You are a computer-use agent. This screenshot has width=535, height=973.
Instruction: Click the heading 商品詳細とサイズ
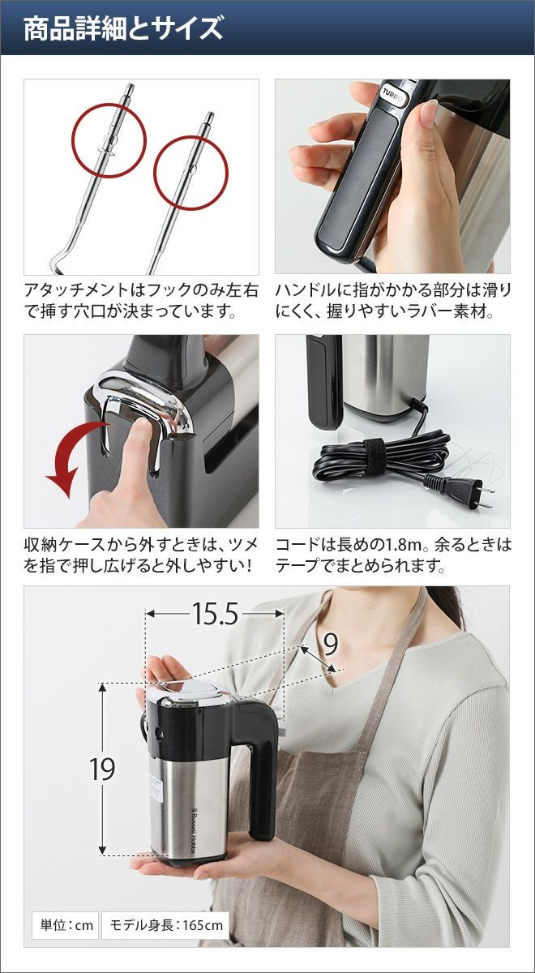123,28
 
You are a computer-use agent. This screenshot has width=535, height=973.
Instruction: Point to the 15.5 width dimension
215,614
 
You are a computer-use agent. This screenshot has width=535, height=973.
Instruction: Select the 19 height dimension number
102,769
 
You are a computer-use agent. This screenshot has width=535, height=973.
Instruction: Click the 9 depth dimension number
331,645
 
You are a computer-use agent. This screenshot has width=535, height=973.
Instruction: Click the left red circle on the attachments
109,141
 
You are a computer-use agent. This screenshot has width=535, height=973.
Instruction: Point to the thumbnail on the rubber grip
428,111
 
